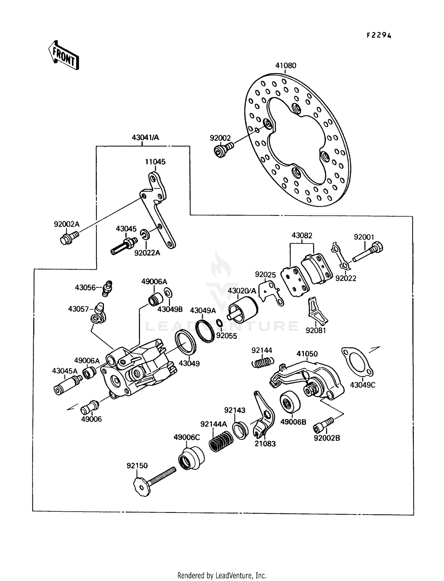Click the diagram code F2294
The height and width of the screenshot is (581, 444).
(x=379, y=36)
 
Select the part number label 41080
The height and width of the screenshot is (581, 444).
(x=286, y=65)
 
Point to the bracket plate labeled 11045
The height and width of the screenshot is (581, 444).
(x=157, y=207)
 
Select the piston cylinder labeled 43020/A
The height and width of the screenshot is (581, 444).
(x=243, y=309)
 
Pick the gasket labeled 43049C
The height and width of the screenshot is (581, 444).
(x=358, y=362)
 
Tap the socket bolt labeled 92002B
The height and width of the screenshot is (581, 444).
(x=323, y=425)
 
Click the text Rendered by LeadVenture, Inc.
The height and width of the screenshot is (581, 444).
(x=222, y=575)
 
